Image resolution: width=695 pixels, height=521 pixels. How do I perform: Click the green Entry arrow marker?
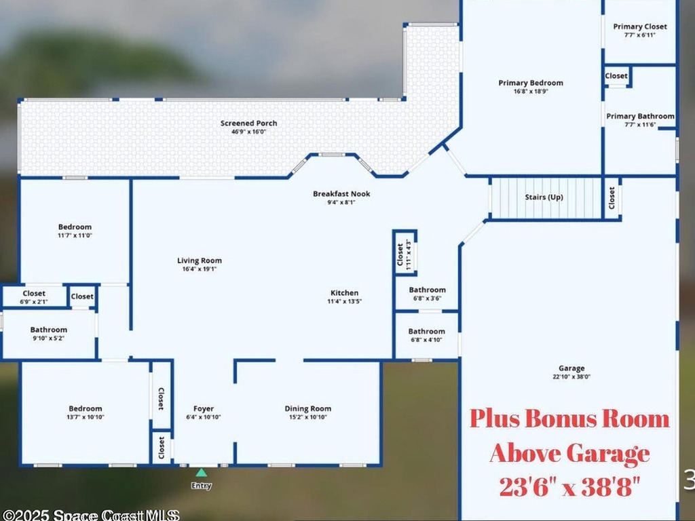coord(201,473)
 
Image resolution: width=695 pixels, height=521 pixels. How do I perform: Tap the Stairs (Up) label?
coord(544,197)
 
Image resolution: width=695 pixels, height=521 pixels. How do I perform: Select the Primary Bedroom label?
coord(531,83)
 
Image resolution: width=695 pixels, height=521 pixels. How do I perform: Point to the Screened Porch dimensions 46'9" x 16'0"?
coord(248,132)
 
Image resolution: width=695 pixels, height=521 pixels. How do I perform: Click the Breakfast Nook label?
coord(341,193)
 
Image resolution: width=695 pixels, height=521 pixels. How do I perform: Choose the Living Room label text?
coord(200,260)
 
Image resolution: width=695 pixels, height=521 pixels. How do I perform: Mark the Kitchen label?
coord(344,293)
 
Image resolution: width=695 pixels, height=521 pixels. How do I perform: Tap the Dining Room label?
coord(307,408)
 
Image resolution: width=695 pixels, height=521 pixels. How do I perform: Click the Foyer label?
coord(203,408)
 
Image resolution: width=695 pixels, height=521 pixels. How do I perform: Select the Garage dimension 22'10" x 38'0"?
coord(571,377)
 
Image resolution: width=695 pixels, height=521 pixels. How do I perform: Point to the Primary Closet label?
coord(640,26)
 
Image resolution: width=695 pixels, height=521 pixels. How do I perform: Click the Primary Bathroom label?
coord(640,116)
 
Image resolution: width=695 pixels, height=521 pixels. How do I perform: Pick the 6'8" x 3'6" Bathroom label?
coord(427,290)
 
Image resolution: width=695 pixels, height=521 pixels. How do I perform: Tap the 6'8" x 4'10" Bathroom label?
coord(427,332)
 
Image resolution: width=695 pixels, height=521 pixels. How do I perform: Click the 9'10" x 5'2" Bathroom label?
coord(48,330)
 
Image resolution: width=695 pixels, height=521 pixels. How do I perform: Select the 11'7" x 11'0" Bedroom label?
coord(75,227)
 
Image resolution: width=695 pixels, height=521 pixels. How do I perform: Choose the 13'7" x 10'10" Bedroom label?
coord(86,408)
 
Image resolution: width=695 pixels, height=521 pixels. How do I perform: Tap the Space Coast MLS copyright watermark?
coord(90,516)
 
